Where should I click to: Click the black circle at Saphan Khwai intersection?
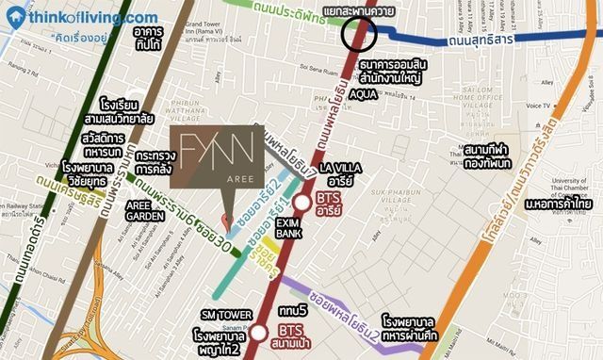tap(358, 34)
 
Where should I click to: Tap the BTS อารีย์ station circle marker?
tap(301, 203)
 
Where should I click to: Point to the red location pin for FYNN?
tap(225, 220)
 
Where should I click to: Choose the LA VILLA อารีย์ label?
tap(339, 173)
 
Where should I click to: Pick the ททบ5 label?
tap(292, 310)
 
